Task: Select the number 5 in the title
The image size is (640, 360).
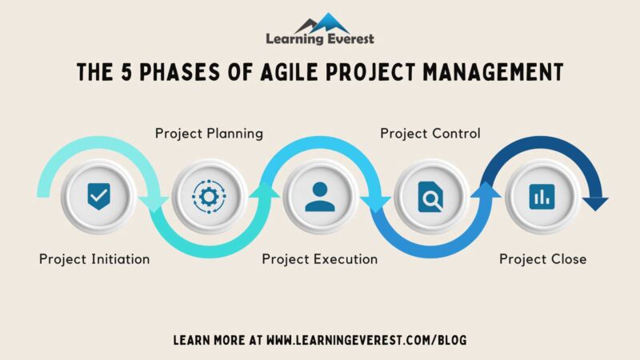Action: pos(124,72)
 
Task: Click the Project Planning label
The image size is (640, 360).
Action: pos(209,134)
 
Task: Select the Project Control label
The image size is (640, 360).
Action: pos(430,134)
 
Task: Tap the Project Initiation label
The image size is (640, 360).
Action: pos(94,259)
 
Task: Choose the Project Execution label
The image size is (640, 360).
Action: pos(320,259)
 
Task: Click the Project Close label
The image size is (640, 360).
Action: pos(543,259)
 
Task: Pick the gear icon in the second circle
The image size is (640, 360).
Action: pos(209,197)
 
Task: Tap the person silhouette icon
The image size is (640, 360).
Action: pos(320,197)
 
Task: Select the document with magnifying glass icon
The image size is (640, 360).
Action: pos(430,197)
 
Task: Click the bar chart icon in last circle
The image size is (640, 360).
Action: pos(541,197)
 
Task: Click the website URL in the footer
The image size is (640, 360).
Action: pos(366,340)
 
